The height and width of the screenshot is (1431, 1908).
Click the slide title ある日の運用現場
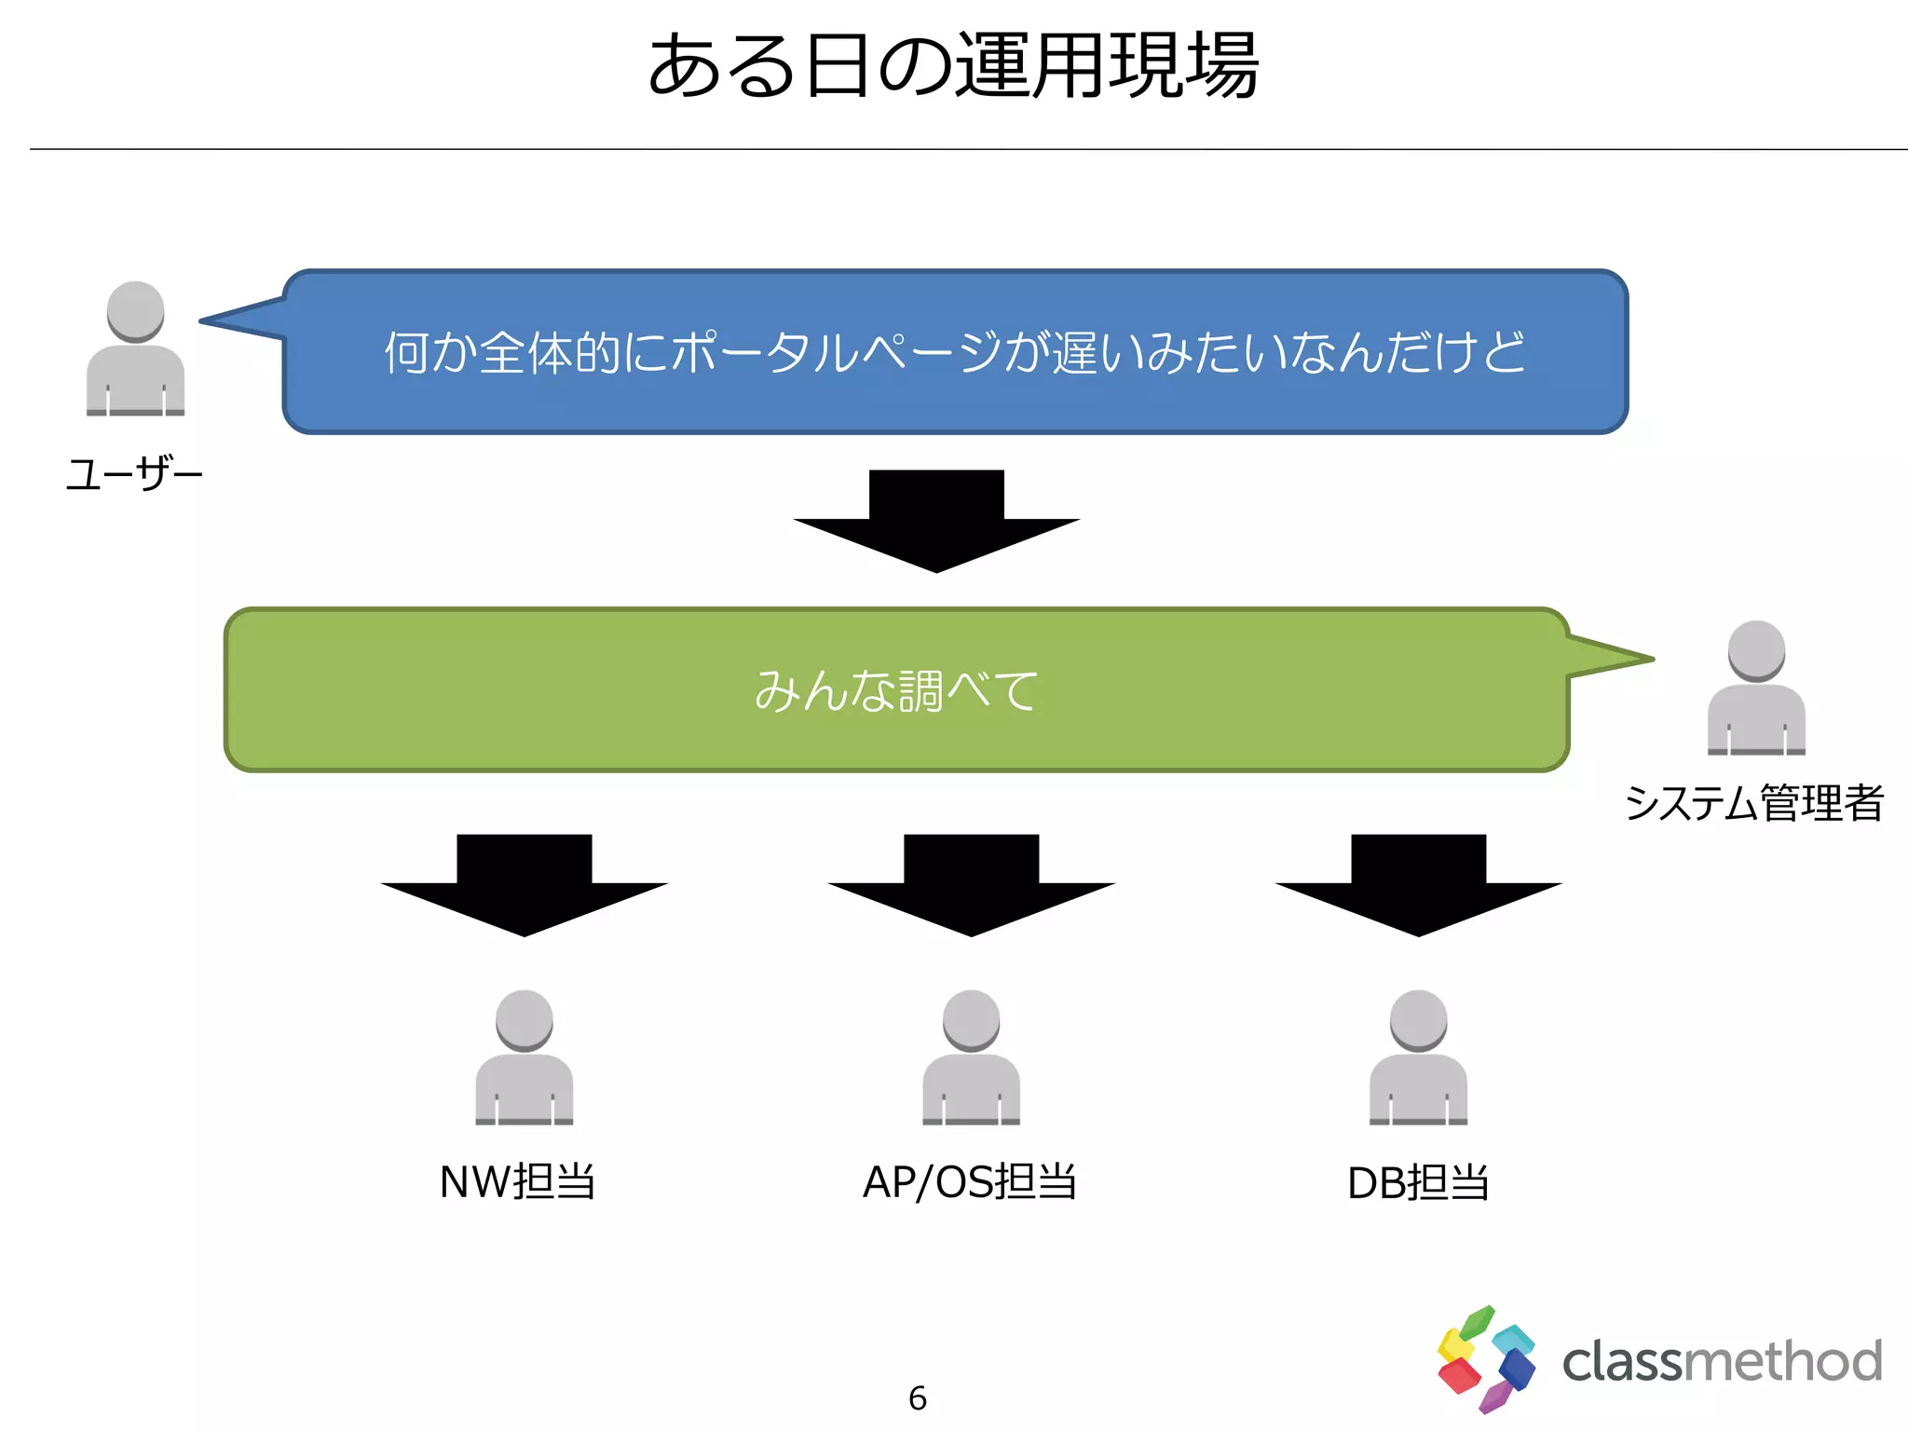click(953, 65)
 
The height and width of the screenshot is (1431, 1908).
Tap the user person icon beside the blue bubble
click(135, 348)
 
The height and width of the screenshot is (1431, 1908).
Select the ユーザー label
click(134, 474)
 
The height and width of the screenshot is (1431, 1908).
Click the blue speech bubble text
click(955, 352)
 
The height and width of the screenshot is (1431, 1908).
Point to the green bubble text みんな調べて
click(896, 690)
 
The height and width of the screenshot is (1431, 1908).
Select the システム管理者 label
click(1754, 803)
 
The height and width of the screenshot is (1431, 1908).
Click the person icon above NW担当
click(525, 1057)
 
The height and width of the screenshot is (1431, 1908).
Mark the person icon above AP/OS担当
click(972, 1057)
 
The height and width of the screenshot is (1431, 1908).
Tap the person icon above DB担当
click(1418, 1057)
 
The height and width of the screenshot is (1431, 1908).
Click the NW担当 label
click(517, 1182)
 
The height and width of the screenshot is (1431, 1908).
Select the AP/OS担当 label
click(970, 1182)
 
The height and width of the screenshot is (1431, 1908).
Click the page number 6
click(918, 1397)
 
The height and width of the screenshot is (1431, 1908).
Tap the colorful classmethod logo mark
click(1485, 1359)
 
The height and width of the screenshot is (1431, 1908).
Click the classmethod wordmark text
click(1722, 1362)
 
